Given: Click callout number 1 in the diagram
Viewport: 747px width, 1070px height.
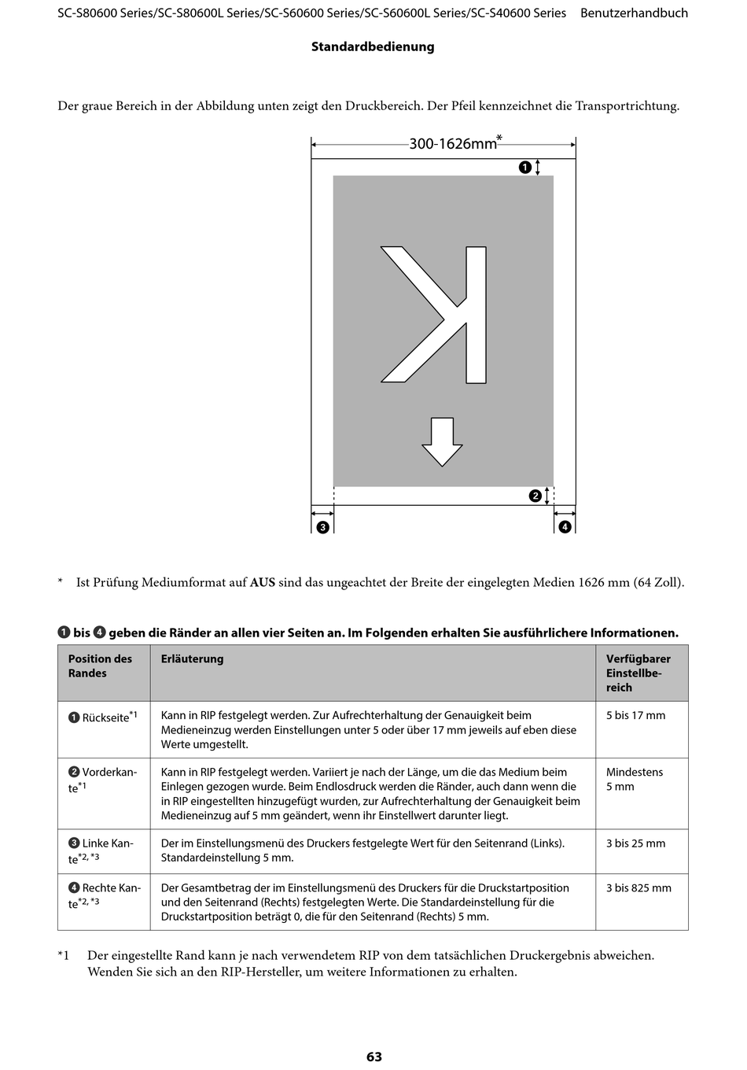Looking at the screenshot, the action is [525, 167].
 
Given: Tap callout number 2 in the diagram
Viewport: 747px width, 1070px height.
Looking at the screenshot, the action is [535, 496].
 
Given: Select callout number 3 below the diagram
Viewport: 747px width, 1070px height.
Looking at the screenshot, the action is [322, 527].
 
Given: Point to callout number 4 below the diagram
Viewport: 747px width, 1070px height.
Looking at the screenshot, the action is [565, 527].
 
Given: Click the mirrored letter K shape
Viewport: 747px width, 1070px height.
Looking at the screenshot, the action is [433, 315].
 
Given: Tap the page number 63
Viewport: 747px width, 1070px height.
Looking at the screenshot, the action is [374, 1056].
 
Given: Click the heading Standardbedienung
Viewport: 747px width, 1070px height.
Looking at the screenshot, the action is [373, 47].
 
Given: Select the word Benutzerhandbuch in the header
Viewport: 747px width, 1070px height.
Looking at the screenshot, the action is [634, 13].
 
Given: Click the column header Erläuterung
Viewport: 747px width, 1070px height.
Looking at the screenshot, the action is [192, 659].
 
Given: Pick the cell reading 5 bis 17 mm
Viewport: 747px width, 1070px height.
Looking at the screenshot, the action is [635, 715].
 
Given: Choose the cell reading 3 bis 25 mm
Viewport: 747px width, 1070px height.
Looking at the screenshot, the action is [635, 843].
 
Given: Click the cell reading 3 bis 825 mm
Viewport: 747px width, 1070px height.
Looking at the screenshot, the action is [638, 888].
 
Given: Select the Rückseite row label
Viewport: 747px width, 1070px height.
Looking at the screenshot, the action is [103, 717].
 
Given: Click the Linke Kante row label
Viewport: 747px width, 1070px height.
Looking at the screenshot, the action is [101, 851].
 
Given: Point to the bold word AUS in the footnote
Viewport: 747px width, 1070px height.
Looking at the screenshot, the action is [263, 583].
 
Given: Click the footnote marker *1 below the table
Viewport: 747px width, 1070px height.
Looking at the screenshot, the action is [64, 956].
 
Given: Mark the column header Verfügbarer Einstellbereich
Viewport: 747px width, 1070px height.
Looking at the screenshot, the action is [638, 673].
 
